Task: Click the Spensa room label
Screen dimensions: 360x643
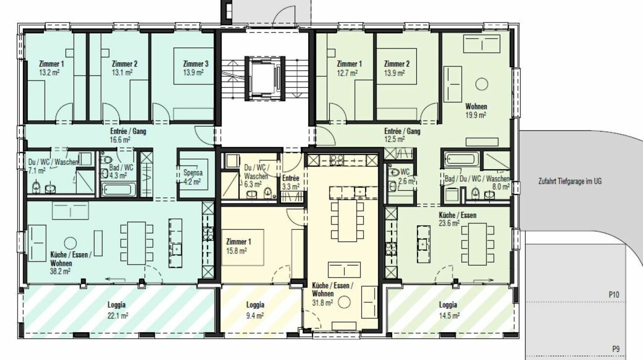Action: pyautogui.click(x=192, y=173)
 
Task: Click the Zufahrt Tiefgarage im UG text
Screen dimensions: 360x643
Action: pyautogui.click(x=570, y=181)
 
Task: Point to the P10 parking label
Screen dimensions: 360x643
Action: pyautogui.click(x=614, y=295)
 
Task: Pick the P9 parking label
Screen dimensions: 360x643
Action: pyautogui.click(x=615, y=349)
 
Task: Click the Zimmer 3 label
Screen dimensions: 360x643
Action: pyautogui.click(x=195, y=64)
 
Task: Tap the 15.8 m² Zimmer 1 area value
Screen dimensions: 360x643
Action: pyautogui.click(x=236, y=250)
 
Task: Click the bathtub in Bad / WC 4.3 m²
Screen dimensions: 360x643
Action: pyautogui.click(x=119, y=189)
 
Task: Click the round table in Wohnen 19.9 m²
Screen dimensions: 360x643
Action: pyautogui.click(x=480, y=84)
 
